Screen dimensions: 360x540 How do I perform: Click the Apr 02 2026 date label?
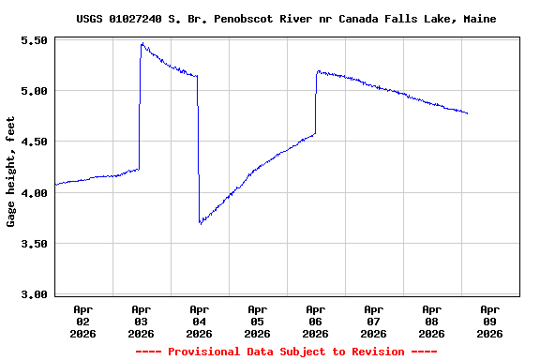pos(82,321)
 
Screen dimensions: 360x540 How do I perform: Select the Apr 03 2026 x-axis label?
pos(141,321)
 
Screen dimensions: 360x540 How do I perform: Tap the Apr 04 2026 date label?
pos(199,321)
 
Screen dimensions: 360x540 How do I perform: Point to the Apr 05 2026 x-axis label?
pos(257,321)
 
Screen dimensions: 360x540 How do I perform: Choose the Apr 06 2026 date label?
pos(315,321)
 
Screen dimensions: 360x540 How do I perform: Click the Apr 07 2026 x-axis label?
pos(373,321)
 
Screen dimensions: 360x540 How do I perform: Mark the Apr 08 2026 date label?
pos(431,321)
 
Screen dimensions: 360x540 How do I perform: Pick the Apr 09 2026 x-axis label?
pos(489,321)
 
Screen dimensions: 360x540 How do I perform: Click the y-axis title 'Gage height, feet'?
pos(11,172)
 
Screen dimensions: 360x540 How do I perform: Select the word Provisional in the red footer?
pos(200,352)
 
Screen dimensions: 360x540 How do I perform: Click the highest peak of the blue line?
pos(142,43)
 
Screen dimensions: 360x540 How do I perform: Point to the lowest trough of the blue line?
pos(200,223)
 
